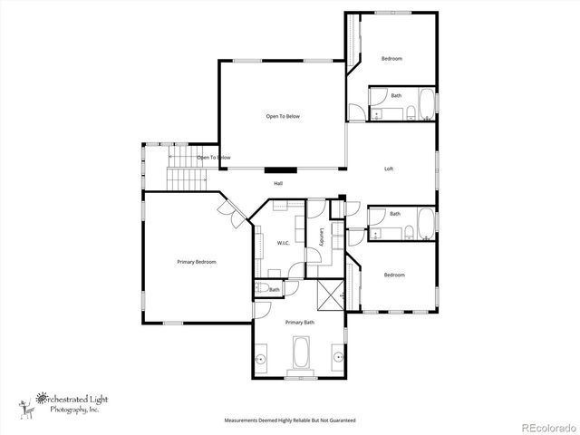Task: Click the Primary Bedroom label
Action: (196, 262)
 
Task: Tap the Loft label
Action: (389, 169)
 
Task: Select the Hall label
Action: (278, 183)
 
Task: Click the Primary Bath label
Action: (299, 323)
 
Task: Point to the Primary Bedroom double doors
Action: (228, 213)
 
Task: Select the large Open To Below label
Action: (283, 116)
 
